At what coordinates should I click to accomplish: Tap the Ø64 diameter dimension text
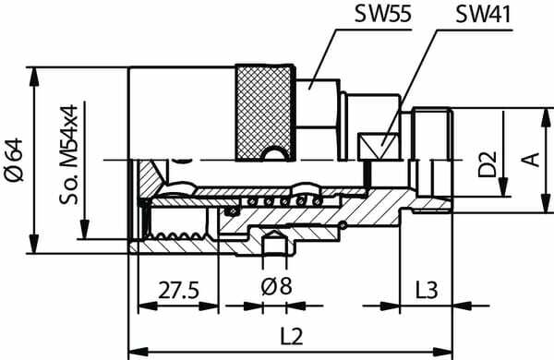[x=14, y=162]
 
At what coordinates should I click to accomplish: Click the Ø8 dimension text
[x=276, y=288]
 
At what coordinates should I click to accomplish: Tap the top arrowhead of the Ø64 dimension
[x=34, y=72]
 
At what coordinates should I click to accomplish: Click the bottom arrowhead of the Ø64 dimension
[x=34, y=250]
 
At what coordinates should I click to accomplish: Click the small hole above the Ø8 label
[x=275, y=246]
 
